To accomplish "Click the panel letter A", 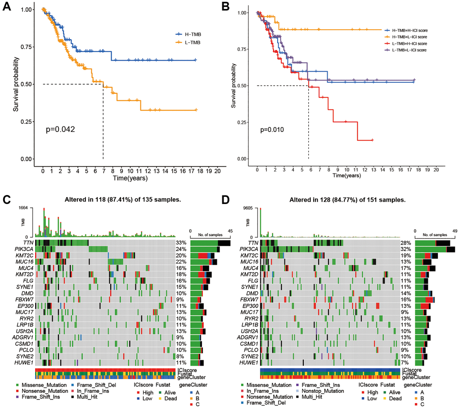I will pyautogui.click(x=8, y=9).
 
